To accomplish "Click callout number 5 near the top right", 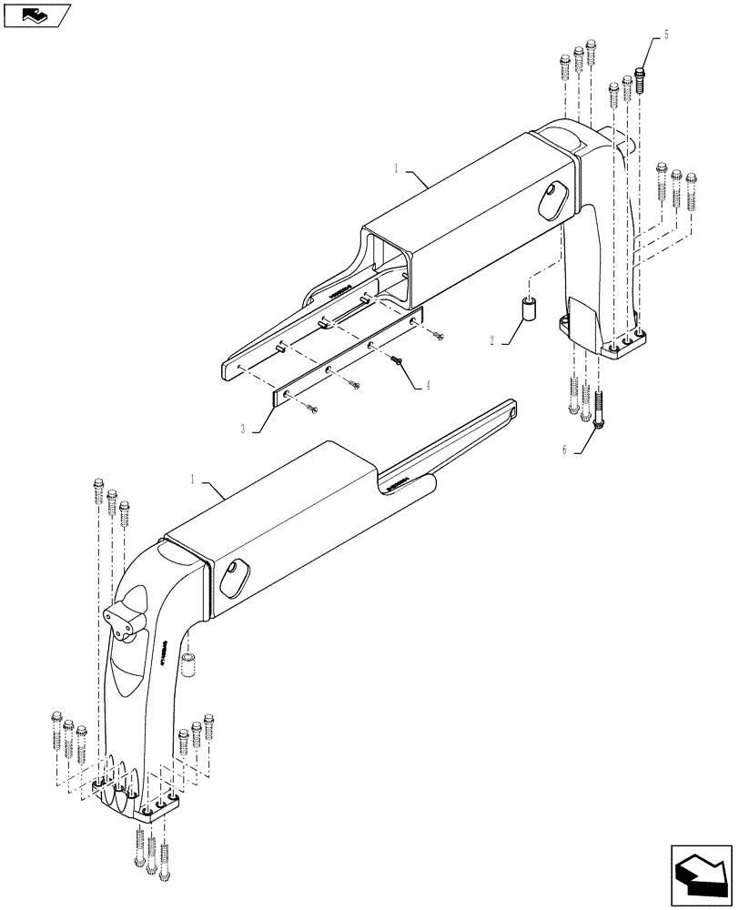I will pos(666,35).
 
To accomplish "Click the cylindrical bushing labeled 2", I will pos(527,308).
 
